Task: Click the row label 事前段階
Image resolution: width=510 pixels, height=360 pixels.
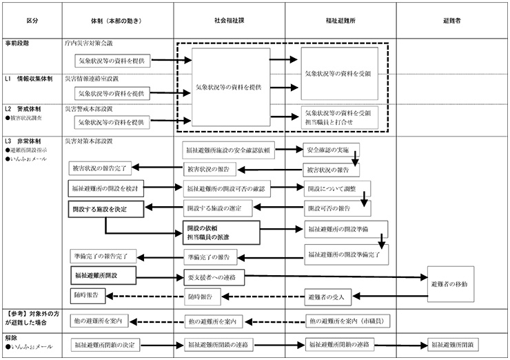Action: (x=19, y=42)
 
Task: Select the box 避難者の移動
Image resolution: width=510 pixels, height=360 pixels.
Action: (x=451, y=283)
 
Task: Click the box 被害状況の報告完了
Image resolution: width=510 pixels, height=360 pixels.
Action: (x=100, y=169)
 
